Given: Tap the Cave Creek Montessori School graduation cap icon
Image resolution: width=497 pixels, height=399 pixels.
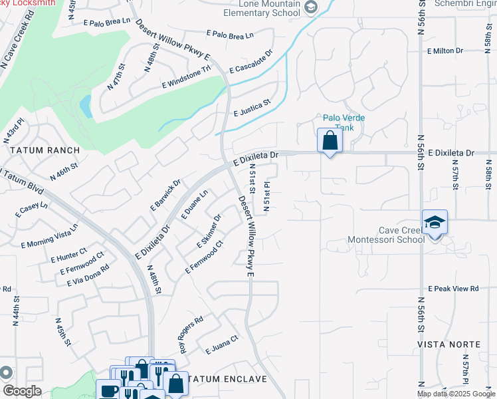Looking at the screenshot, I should point(435,223).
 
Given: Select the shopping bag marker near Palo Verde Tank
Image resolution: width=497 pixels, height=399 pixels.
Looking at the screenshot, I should point(330,140).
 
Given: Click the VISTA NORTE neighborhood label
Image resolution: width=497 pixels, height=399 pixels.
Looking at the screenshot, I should point(448,344).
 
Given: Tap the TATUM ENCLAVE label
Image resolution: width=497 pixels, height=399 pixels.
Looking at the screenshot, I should point(227,379).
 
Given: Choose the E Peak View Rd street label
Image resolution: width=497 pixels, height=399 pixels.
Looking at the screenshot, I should point(453,289).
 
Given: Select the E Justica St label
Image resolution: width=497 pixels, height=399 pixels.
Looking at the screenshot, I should point(252,108).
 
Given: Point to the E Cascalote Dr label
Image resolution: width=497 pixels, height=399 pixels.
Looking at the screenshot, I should point(251,61).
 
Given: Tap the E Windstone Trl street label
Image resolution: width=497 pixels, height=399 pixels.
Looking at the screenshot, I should point(185,78).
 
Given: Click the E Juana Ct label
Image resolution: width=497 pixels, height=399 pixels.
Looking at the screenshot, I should point(221,344).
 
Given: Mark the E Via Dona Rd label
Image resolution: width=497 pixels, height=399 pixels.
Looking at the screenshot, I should point(88,275).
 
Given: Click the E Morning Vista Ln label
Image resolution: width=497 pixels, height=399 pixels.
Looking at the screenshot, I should point(49,235).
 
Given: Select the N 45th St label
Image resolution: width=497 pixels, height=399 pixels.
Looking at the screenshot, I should point(63,331).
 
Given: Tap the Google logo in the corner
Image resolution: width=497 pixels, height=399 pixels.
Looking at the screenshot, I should point(21,391).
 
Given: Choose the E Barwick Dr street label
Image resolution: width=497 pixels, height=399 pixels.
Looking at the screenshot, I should point(165,194).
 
